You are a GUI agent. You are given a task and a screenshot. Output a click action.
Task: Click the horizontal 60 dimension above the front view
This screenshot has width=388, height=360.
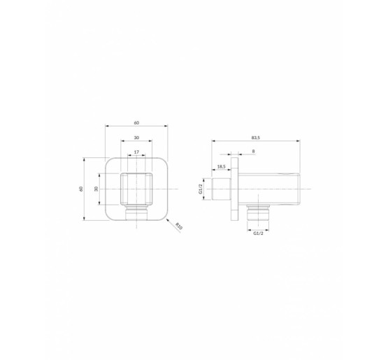[x=136, y=122]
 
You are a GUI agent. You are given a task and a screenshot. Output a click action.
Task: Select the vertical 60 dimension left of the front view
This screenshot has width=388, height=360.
[x=81, y=189]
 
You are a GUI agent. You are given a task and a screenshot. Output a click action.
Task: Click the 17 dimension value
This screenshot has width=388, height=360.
[x=136, y=152]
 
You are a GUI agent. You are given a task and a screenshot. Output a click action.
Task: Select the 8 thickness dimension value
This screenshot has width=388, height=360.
[x=252, y=151]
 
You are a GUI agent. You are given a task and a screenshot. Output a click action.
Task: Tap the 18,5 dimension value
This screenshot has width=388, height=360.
[x=221, y=166]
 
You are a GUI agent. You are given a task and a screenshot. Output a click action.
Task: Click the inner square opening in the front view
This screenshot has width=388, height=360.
[x=136, y=188]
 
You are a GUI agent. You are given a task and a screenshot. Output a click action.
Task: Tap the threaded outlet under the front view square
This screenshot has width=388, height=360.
[x=136, y=213]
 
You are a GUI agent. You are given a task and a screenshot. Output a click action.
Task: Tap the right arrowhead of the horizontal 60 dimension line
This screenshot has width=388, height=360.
[x=166, y=127]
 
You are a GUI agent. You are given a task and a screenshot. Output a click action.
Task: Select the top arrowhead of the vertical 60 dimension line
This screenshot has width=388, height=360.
[x=85, y=159]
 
